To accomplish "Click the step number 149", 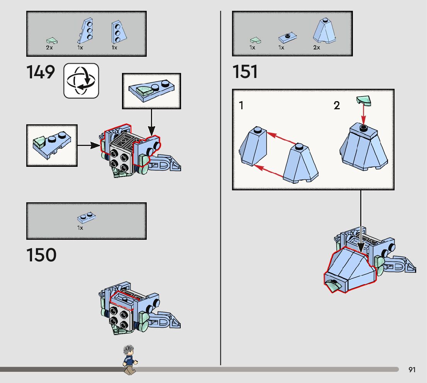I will [41, 72].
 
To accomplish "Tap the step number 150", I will [41, 255].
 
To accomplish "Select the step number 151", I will [245, 72].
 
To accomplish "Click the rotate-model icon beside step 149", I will [81, 80].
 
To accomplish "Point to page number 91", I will [412, 370].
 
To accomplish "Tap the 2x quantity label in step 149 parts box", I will [49, 48].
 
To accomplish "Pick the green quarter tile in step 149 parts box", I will [51, 40].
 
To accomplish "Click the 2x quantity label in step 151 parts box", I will [317, 48].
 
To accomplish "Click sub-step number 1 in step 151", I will [241, 105].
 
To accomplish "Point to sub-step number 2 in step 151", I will [337, 105].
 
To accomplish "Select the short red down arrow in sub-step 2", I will [363, 115].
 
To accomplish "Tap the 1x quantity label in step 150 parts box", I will [80, 228].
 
